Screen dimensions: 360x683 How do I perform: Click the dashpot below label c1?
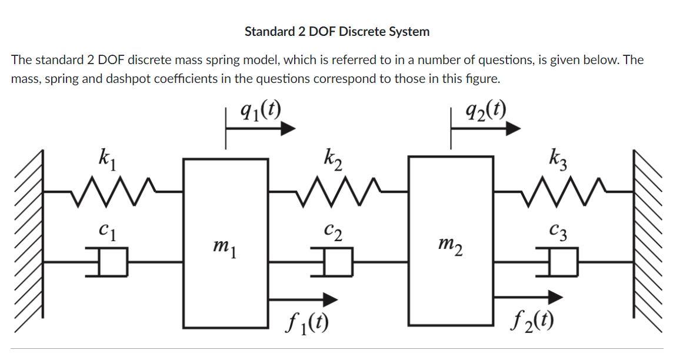pos(112,262)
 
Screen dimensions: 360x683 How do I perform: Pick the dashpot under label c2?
pos(336,262)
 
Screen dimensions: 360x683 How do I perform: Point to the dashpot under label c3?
pos(562,262)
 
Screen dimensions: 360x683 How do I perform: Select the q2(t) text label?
pos(485,109)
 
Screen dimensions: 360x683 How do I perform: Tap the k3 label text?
pos(558,158)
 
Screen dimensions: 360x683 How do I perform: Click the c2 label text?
pos(333,232)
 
